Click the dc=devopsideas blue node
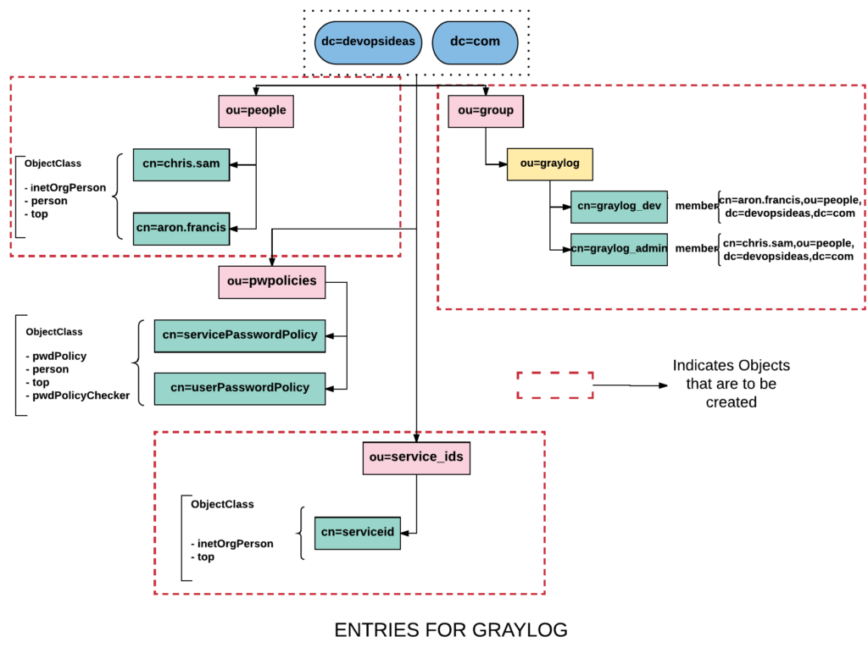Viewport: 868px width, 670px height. (368, 42)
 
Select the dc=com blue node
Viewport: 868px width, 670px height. (475, 42)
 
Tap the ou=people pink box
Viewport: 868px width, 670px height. (255, 111)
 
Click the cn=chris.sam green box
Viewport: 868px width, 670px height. (181, 164)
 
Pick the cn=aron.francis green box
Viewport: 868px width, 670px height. (181, 229)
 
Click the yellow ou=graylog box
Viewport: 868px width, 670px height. (549, 164)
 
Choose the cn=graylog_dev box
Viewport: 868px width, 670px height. (619, 207)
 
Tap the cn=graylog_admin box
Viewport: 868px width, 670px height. (619, 249)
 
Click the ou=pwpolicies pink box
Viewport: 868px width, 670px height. (272, 281)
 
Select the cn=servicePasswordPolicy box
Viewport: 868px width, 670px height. (240, 335)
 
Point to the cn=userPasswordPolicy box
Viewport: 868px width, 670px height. (240, 388)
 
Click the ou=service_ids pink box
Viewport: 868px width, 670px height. (415, 458)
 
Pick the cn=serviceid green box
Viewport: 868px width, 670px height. (357, 533)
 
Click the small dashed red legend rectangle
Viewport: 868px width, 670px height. (555, 385)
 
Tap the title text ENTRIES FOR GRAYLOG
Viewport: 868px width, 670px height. (451, 630)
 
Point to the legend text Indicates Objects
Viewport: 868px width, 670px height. (731, 366)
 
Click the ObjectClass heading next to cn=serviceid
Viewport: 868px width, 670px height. (222, 504)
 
